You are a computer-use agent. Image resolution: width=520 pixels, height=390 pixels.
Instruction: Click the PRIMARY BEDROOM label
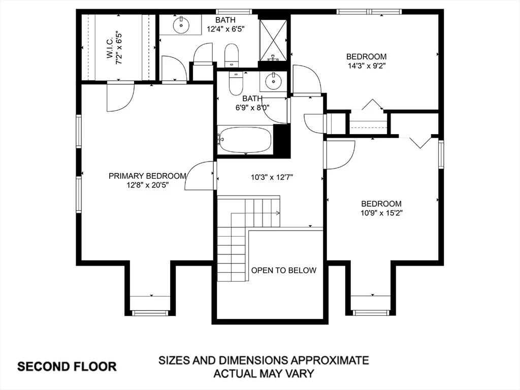(x=148, y=176)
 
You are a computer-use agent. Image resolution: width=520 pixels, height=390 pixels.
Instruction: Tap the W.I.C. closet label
(x=110, y=48)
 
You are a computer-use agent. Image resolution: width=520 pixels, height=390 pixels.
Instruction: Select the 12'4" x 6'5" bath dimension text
(x=225, y=29)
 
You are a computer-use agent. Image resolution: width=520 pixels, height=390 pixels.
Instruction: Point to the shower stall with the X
(x=273, y=41)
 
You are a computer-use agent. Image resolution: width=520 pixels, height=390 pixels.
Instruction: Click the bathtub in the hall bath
(x=245, y=140)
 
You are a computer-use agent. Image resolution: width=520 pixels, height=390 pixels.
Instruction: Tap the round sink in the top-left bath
(x=181, y=24)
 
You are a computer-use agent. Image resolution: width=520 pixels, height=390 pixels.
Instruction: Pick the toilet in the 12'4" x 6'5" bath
(x=232, y=55)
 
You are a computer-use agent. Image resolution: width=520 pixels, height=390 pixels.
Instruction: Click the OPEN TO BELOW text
(x=283, y=270)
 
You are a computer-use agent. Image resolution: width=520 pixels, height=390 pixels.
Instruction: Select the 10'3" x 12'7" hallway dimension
(x=272, y=177)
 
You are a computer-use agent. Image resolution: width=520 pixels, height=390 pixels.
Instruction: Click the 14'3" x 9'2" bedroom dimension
(x=367, y=66)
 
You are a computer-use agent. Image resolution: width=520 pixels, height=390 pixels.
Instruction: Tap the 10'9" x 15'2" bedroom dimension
(x=381, y=213)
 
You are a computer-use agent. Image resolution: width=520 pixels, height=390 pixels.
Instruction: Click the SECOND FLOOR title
(x=67, y=367)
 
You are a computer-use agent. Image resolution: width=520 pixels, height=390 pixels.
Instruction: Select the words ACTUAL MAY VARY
(x=264, y=374)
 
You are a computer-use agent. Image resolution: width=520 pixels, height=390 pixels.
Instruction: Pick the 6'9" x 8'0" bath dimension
(x=252, y=108)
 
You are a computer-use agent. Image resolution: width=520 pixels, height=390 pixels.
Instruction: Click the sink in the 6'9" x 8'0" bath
(x=273, y=81)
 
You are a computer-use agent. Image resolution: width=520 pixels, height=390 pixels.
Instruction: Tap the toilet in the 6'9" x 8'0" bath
(x=236, y=84)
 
